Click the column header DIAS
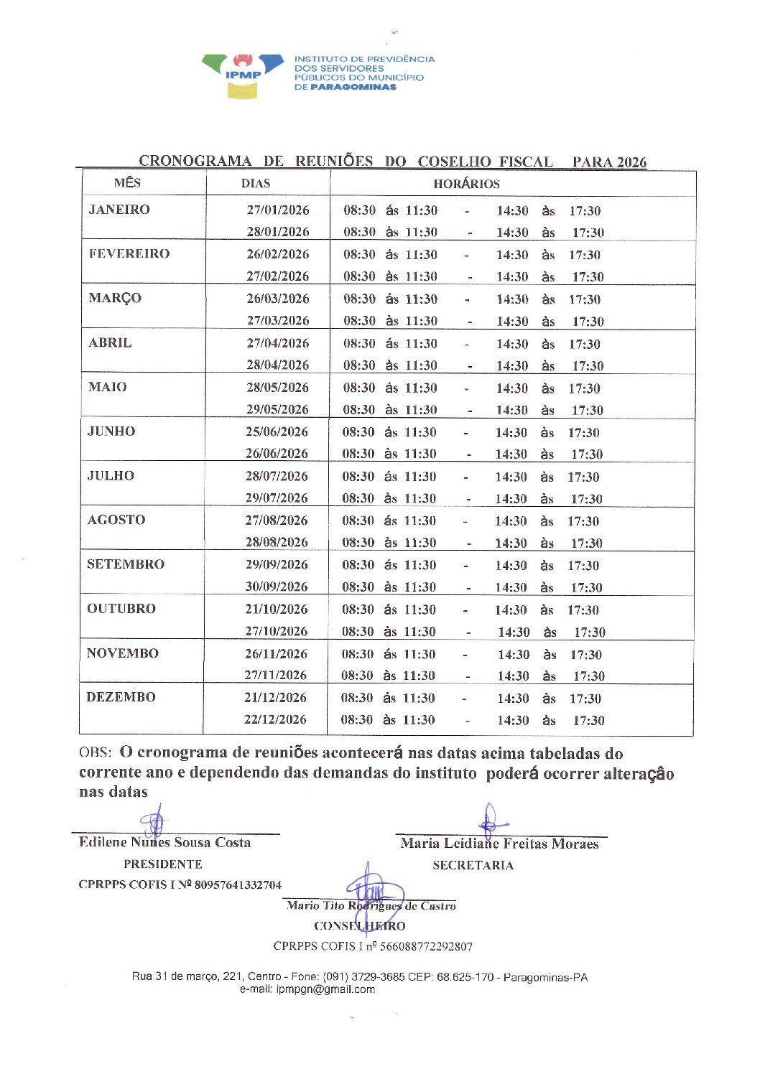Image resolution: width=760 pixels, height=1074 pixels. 256,183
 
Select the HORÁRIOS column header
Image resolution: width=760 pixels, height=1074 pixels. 466,184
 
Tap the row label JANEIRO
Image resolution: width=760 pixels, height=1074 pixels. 119,210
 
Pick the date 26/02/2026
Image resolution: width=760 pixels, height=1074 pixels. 277,254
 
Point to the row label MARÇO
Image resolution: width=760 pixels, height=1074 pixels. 115,298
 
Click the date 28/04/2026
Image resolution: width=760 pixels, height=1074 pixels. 277,365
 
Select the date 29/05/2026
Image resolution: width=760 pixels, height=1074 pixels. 277,409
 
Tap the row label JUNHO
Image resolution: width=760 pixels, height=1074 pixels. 111,431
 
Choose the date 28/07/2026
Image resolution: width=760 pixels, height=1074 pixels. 277,476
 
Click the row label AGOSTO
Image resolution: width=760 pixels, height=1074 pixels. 116,520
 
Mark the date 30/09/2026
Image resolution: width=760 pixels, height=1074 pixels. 277,587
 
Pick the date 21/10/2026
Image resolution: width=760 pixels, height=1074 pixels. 277,609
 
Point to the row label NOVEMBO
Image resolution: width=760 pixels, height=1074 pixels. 122,653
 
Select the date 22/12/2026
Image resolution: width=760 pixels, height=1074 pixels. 275,719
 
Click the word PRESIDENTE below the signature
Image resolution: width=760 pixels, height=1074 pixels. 163,864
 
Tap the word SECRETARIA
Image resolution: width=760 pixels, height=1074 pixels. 473,866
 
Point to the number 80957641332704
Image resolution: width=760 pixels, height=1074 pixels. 238,885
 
